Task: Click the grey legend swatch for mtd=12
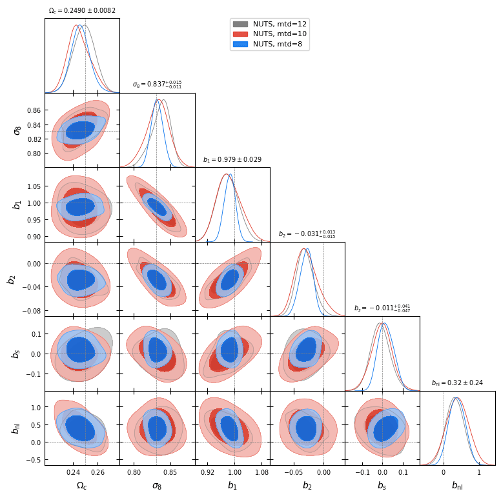tap(240, 24)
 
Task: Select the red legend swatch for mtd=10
tap(240, 34)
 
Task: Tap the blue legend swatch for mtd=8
tap(240, 45)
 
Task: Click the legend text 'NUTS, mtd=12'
tap(280, 24)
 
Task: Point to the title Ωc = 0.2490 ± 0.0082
tap(82, 11)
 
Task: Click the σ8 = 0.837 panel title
tap(157, 85)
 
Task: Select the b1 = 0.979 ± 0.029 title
tap(232, 160)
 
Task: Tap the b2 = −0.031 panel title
tap(307, 234)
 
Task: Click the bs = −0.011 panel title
tap(382, 309)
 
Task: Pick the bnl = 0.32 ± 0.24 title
tap(457, 383)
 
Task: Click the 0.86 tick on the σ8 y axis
tap(34, 111)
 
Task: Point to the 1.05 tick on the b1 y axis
tap(34, 186)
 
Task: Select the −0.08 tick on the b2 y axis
tap(30, 311)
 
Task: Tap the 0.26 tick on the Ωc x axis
tap(97, 472)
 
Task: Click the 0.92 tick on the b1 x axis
tap(208, 472)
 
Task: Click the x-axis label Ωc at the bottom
tap(82, 486)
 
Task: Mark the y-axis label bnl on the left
tap(16, 428)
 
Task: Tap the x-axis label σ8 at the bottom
tap(157, 486)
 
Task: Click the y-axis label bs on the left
tap(16, 354)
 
